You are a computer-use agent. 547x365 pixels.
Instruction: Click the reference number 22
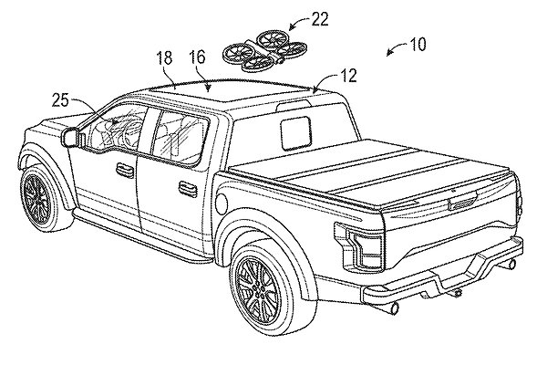click(x=320, y=20)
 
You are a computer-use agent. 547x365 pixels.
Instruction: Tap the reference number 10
click(x=418, y=45)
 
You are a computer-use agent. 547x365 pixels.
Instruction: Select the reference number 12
click(x=348, y=76)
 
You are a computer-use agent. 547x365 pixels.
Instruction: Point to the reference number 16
click(x=198, y=57)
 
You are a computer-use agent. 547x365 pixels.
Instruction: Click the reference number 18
click(x=164, y=57)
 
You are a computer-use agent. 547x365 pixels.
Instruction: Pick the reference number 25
click(x=61, y=101)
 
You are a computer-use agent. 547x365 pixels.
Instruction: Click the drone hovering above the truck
click(x=265, y=52)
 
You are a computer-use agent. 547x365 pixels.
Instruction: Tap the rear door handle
click(x=188, y=187)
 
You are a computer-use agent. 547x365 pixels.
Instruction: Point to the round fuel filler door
click(x=222, y=203)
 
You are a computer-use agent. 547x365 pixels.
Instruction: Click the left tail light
click(x=360, y=245)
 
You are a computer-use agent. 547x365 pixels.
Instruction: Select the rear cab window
click(x=295, y=132)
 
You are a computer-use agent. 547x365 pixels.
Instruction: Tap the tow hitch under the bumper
click(x=456, y=293)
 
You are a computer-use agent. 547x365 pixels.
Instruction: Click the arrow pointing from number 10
click(x=397, y=48)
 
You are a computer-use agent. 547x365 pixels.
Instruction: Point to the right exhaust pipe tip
click(x=510, y=264)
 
